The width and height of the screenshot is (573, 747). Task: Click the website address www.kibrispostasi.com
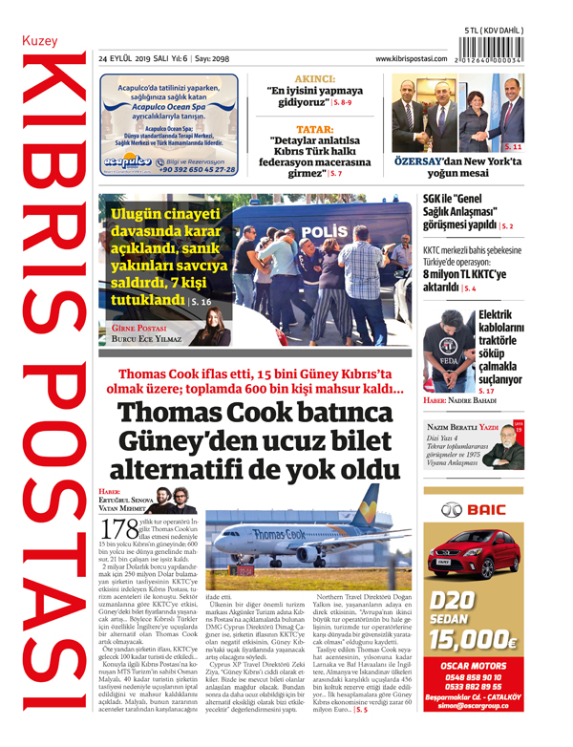pyautogui.click(x=412, y=59)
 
